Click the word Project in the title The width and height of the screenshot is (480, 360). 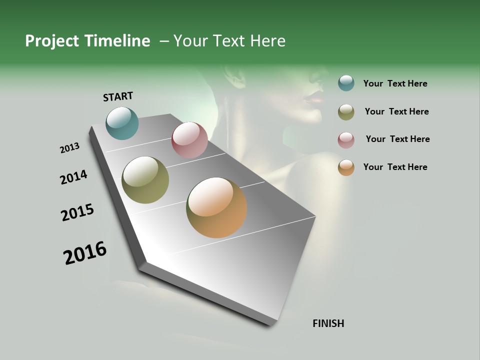pyautogui.click(x=51, y=41)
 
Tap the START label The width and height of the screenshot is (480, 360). pyautogui.click(x=118, y=96)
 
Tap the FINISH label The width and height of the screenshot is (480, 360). pyautogui.click(x=328, y=323)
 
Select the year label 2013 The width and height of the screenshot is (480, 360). pyautogui.click(x=70, y=148)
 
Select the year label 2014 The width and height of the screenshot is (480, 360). pyautogui.click(x=74, y=177)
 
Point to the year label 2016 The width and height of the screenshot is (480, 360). pyautogui.click(x=85, y=253)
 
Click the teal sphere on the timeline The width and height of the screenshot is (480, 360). pyautogui.click(x=122, y=123)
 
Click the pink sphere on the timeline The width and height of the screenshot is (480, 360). pyautogui.click(x=189, y=140)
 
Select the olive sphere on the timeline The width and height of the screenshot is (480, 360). pyautogui.click(x=145, y=180)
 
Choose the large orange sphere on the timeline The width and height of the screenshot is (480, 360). pyautogui.click(x=216, y=207)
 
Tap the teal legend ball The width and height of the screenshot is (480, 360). pyautogui.click(x=346, y=83)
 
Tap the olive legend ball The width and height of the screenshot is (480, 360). pyautogui.click(x=346, y=112)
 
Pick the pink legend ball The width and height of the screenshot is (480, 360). pyautogui.click(x=346, y=140)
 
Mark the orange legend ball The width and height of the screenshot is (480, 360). pyautogui.click(x=346, y=167)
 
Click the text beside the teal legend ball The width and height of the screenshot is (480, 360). pyautogui.click(x=395, y=84)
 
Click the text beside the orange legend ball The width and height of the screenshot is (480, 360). pyautogui.click(x=395, y=167)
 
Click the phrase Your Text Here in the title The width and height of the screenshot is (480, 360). pyautogui.click(x=229, y=41)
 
